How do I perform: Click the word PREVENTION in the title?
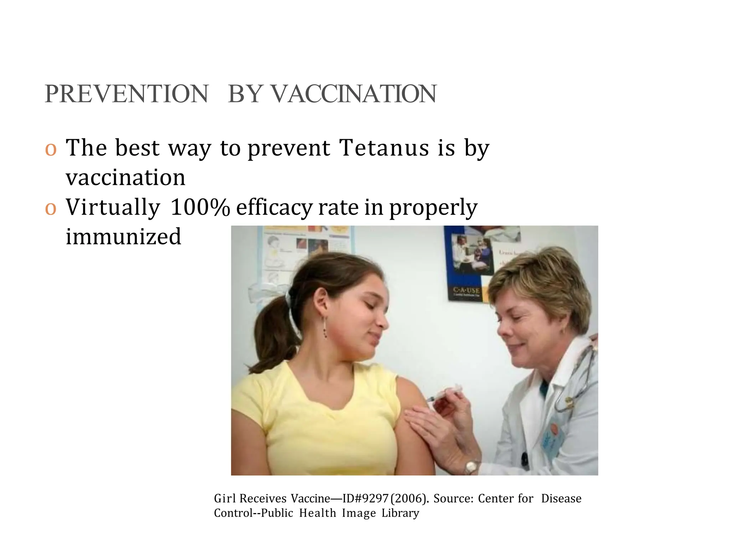127,94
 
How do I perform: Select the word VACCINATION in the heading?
354,94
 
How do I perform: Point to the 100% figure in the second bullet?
200,207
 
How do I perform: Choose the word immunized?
124,237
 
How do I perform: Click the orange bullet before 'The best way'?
51,149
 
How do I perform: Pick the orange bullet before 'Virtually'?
51,208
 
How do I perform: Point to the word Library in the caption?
400,513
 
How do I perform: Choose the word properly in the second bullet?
433,207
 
